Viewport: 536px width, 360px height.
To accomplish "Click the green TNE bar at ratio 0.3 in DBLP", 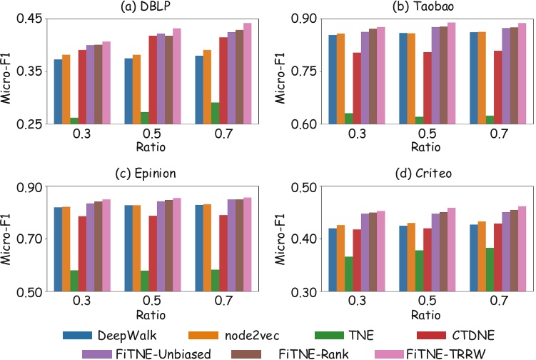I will tap(74, 121).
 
